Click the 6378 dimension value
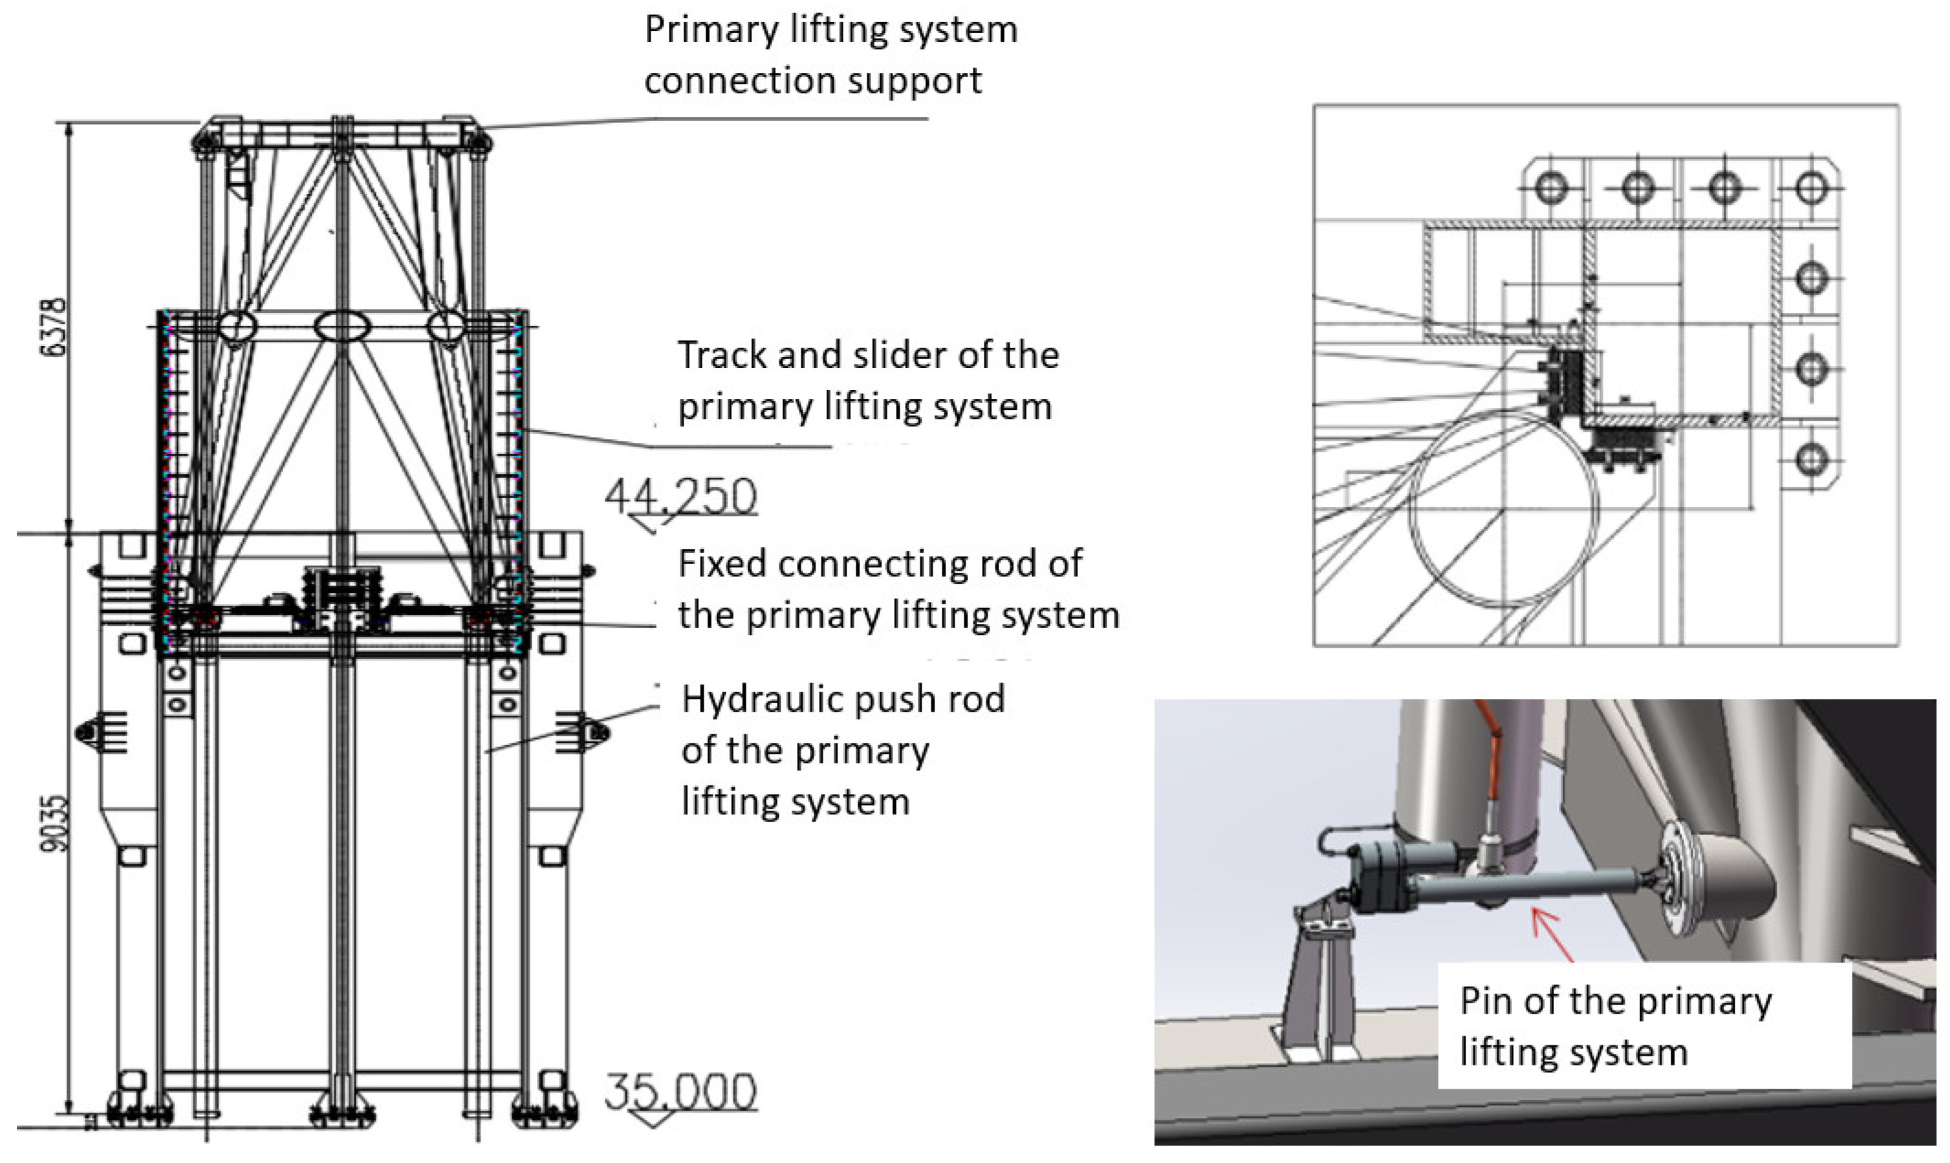pos(52,328)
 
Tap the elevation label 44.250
pos(680,496)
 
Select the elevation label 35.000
pos(680,1091)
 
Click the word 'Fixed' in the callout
pos(722,564)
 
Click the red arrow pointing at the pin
pos(1552,934)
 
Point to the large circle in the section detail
pos(1503,509)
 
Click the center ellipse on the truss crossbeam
pos(342,326)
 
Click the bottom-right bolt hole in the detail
pos(1811,459)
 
